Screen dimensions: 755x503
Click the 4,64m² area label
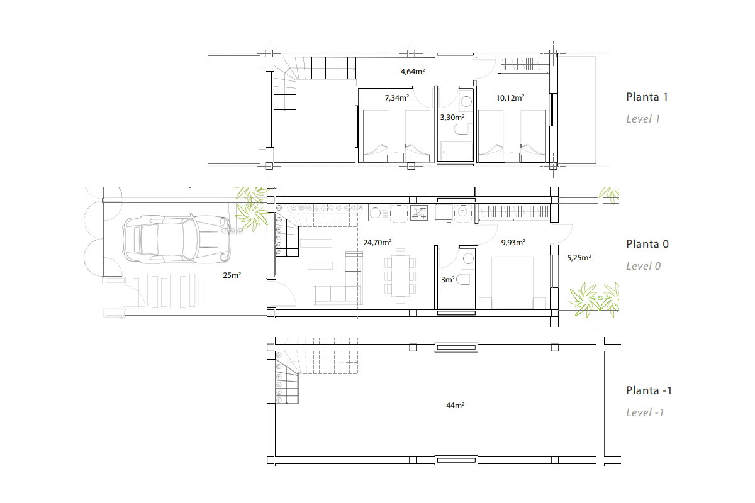coord(413,72)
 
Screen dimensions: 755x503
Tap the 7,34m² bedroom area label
coord(397,98)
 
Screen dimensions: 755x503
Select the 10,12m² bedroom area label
coord(510,98)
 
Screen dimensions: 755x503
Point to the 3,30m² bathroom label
coord(452,118)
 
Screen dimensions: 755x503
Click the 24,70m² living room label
coord(377,243)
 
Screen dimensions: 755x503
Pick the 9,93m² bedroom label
coord(513,243)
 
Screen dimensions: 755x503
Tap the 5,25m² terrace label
coord(579,258)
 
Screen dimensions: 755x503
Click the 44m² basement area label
coord(455,406)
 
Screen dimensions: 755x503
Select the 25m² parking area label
coord(232,275)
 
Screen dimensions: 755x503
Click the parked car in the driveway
coord(176,239)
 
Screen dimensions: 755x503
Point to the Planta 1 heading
coord(647,97)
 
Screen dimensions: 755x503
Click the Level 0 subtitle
coord(643,266)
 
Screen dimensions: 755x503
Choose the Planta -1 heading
coord(649,390)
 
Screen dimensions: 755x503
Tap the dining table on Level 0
coord(400,275)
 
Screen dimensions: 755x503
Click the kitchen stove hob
coord(419,213)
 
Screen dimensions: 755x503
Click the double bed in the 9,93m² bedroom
coord(512,282)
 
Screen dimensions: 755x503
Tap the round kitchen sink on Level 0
coord(375,213)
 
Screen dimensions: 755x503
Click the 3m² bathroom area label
coord(448,280)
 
